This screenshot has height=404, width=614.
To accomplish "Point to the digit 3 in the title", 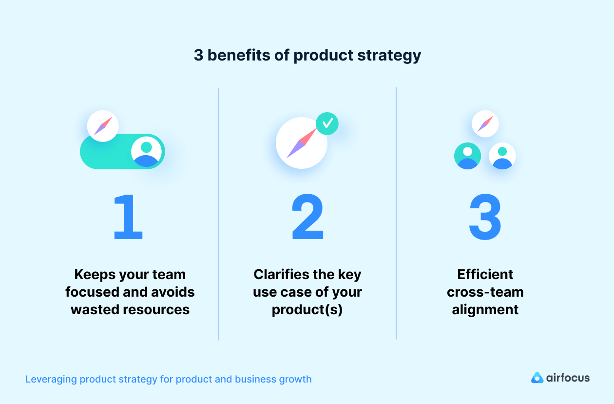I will click(x=198, y=55).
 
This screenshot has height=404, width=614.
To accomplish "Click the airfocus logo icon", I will click(x=537, y=378).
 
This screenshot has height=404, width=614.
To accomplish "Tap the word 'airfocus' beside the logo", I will click(x=568, y=378).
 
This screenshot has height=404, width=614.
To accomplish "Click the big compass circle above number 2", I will click(x=301, y=143).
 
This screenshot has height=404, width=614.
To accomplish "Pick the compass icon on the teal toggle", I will click(x=103, y=126).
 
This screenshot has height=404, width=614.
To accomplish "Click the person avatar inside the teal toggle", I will click(x=146, y=151).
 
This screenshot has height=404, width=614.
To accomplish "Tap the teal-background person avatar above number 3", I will click(x=467, y=156).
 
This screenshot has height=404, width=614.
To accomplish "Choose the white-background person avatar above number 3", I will click(x=502, y=156).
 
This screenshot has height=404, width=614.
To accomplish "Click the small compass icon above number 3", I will click(x=485, y=123).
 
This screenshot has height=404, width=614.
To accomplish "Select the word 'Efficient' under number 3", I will click(x=485, y=275).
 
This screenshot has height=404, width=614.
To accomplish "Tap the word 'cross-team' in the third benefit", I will click(x=485, y=292).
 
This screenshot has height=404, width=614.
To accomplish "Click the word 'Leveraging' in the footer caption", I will click(x=51, y=379).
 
